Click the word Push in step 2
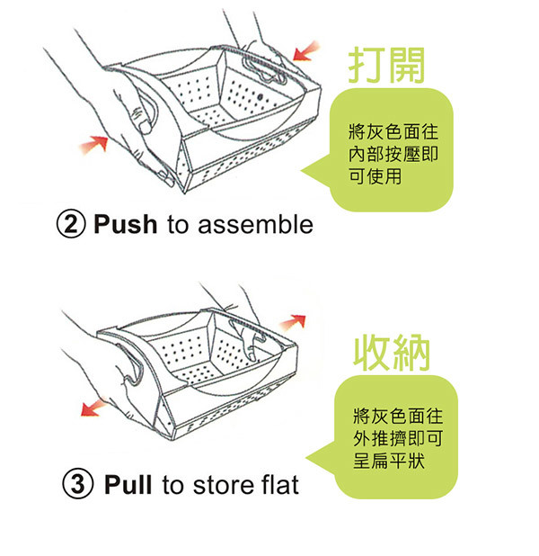click(126, 224)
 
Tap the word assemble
click(255, 224)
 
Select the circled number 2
click(71, 224)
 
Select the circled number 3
click(78, 484)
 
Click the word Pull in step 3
click(128, 484)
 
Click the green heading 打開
click(386, 66)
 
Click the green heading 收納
click(392, 353)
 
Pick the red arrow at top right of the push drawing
click(305, 52)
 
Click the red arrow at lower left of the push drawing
click(93, 144)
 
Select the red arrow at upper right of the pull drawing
click(293, 321)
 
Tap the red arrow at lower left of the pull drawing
click(93, 408)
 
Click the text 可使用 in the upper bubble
click(375, 175)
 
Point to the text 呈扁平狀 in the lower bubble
click(389, 461)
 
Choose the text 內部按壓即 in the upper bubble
click(393, 154)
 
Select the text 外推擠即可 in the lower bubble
click(398, 439)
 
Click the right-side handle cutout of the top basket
click(264, 70)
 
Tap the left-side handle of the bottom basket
click(134, 365)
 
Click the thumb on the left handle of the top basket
click(141, 120)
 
